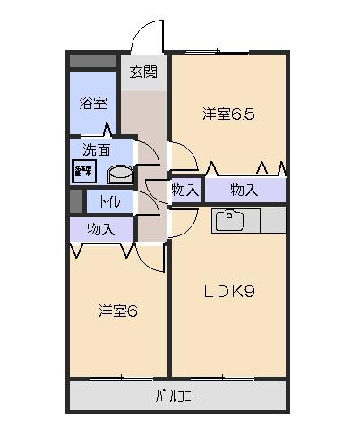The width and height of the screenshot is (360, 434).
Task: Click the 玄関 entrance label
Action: tap(143, 72)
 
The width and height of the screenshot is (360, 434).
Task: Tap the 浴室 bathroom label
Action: tap(93, 103)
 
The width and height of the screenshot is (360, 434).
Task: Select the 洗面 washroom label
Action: tap(96, 150)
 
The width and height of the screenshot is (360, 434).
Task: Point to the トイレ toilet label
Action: tap(110, 202)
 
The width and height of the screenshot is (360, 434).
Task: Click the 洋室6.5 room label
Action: tap(228, 115)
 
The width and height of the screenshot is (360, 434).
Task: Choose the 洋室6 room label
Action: tap(118, 311)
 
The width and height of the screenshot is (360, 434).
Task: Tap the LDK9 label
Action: tap(229, 292)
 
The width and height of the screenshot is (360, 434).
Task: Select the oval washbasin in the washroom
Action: tap(120, 174)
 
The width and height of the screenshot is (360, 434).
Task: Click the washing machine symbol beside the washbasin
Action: tap(84, 171)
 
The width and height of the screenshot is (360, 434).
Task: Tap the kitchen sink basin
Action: tap(229, 221)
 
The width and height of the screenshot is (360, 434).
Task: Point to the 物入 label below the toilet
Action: tap(101, 230)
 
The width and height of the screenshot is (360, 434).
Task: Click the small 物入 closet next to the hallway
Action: tap(185, 190)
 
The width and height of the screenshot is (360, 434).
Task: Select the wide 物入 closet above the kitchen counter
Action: tap(244, 190)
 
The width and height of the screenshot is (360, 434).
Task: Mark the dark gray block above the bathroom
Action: tap(93, 61)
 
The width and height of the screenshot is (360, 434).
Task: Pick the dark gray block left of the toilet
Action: tap(76, 201)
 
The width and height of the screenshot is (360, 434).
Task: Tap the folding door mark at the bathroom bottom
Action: tap(107, 129)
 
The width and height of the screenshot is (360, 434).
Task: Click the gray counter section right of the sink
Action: tap(273, 221)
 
